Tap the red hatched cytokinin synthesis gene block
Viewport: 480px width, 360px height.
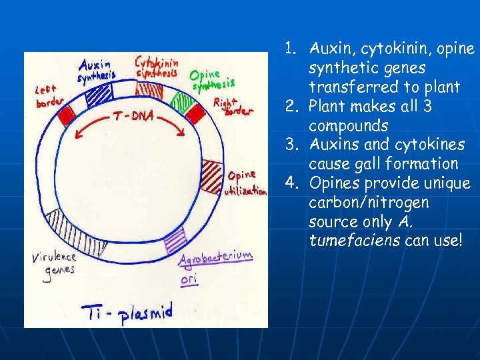click(x=149, y=91)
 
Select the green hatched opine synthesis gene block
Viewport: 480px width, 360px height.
click(x=180, y=101)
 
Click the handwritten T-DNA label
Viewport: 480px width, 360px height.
click(x=133, y=116)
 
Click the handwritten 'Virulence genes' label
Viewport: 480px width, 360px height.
click(x=54, y=263)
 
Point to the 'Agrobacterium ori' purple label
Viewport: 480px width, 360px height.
click(x=215, y=265)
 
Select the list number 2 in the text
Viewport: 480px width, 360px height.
click(x=290, y=106)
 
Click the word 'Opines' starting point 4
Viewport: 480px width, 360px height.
click(x=334, y=183)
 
